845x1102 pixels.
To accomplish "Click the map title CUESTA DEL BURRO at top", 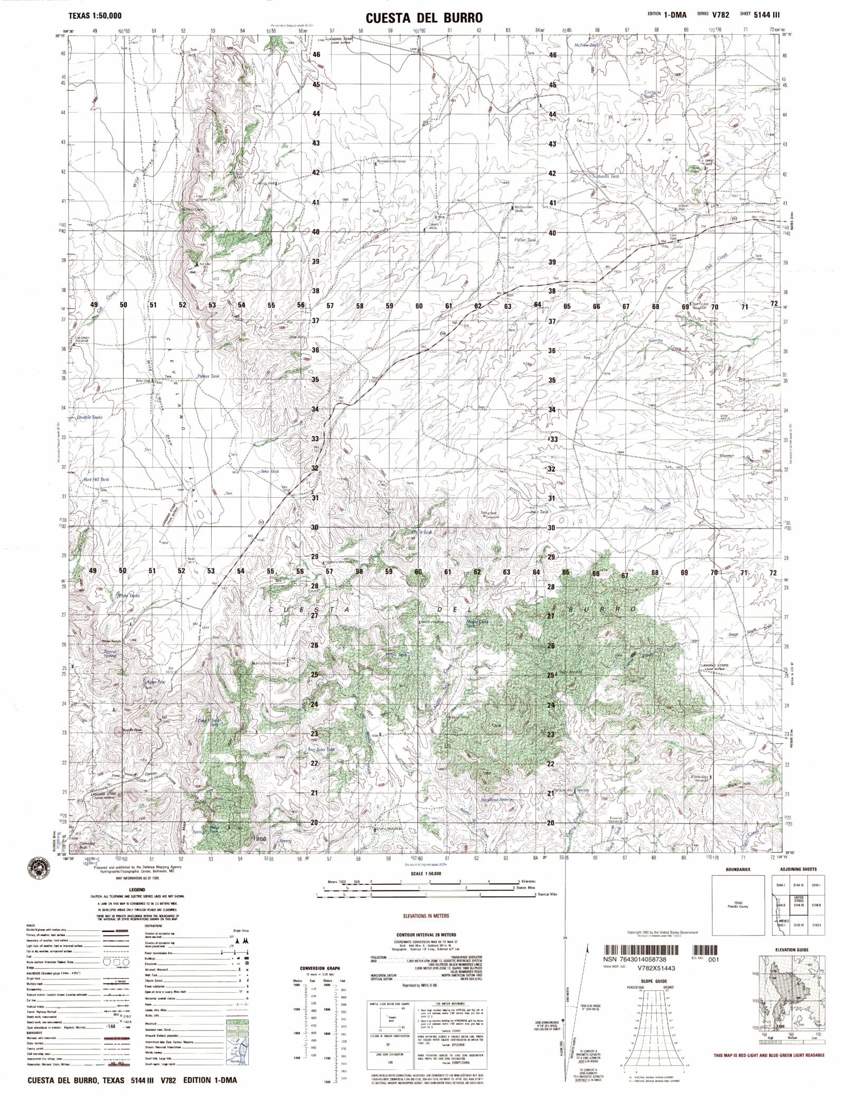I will [x=423, y=18].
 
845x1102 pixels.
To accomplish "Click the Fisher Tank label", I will [x=525, y=240].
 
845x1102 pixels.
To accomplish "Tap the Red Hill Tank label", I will [x=96, y=479].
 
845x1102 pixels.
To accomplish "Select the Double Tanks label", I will [x=90, y=417].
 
